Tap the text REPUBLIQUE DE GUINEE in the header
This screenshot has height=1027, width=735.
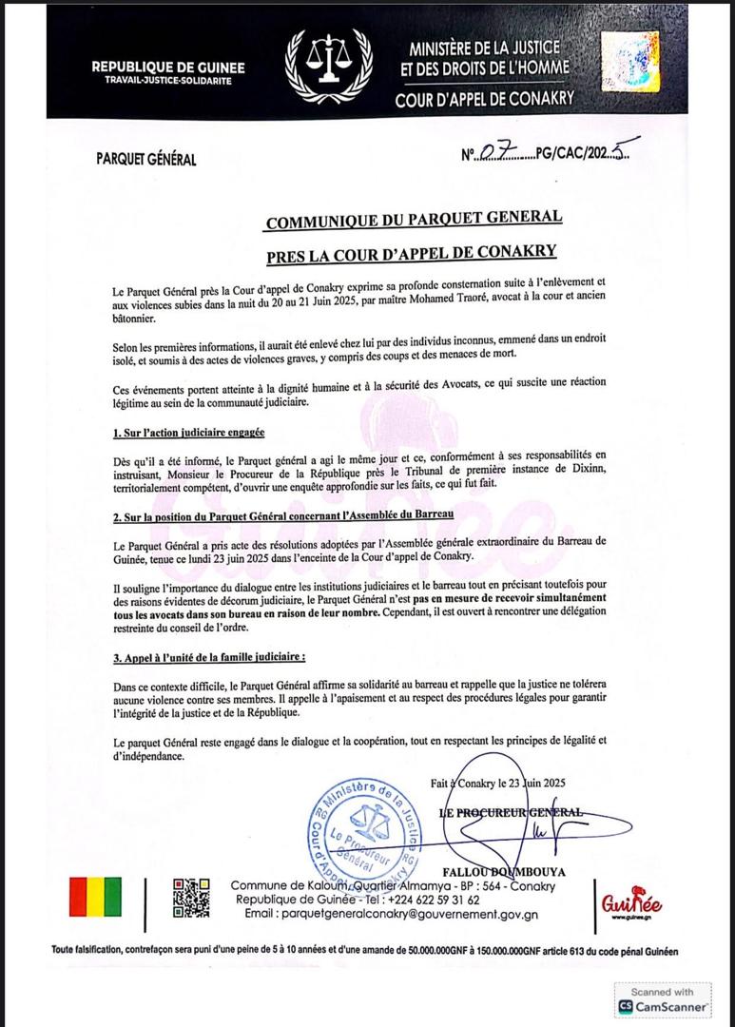click(x=168, y=67)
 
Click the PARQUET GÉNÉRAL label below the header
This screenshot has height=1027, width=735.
click(x=146, y=159)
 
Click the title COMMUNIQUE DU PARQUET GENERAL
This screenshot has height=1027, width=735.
click(x=414, y=220)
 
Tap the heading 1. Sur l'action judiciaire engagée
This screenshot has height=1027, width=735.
click(x=187, y=433)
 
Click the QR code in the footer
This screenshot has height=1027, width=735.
click(x=190, y=898)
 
